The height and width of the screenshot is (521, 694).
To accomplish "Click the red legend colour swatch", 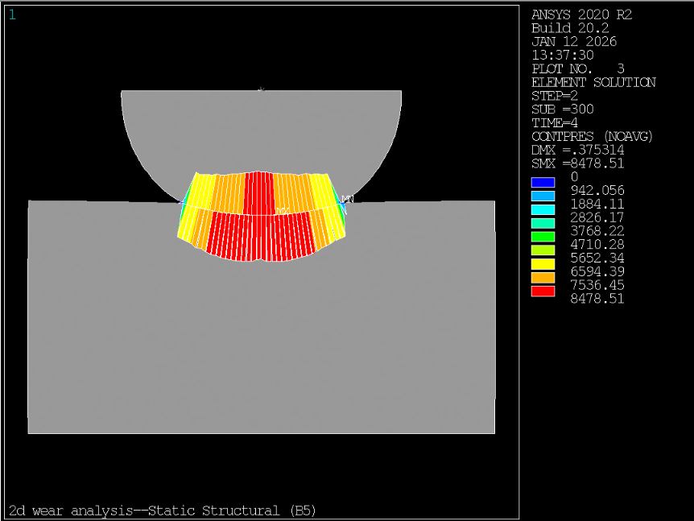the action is [543, 292].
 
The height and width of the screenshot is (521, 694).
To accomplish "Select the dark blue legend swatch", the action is [543, 182].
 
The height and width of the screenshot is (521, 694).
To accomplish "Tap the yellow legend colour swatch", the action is [543, 264].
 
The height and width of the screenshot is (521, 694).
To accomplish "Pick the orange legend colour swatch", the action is [543, 278].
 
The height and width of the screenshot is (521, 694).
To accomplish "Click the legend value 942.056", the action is [597, 190].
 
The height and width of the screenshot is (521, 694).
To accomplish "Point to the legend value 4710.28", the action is [597, 244].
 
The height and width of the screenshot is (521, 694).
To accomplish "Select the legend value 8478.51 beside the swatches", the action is [597, 299].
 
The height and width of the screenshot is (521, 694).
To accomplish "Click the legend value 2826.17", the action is [597, 217].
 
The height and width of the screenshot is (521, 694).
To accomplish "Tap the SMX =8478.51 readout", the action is [577, 163].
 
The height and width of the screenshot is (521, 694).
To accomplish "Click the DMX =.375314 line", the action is [577, 150].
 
